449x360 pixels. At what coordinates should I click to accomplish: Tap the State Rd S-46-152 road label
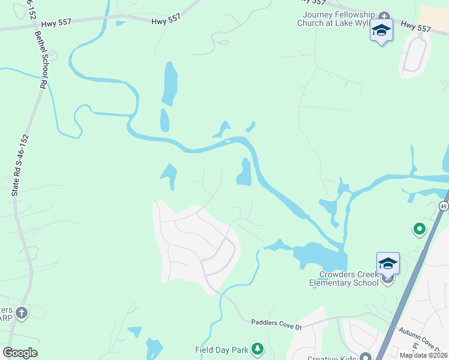tap(20, 166)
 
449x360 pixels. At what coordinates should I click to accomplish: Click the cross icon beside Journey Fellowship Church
tap(384, 16)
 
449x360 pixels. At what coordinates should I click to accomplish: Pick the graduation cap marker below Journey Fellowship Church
tap(381, 30)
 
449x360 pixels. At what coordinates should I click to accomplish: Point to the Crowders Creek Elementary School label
tap(344, 278)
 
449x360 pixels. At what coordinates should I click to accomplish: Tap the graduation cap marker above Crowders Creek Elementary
tap(388, 263)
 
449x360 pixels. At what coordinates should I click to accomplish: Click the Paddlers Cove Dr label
tap(276, 325)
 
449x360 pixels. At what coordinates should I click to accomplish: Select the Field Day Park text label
tap(222, 350)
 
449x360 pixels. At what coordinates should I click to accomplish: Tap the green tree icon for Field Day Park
tap(258, 349)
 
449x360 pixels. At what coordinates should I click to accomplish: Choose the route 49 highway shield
tap(444, 206)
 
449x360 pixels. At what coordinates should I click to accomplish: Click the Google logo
tap(20, 353)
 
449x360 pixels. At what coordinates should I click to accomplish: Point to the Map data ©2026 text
tap(423, 355)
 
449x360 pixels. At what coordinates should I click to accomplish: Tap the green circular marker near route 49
tap(419, 229)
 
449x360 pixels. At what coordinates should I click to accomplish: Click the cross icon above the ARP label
tap(22, 312)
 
